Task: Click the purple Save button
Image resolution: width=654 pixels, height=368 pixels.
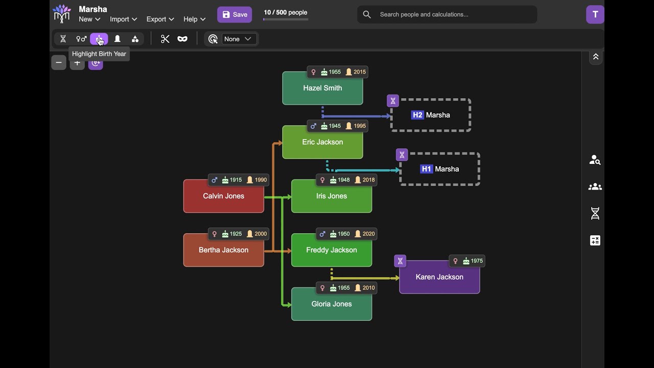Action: tap(235, 15)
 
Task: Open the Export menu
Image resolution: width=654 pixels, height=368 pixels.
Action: tap(160, 19)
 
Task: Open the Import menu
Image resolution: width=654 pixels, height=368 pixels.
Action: tap(123, 19)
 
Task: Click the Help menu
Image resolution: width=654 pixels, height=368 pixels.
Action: tap(194, 19)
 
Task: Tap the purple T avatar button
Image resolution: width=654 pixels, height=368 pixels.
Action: tap(595, 15)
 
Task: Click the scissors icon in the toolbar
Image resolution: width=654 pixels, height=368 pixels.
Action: tap(165, 39)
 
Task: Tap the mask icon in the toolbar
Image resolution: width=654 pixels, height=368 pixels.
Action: tap(182, 39)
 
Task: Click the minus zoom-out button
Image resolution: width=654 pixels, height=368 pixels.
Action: tap(59, 63)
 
